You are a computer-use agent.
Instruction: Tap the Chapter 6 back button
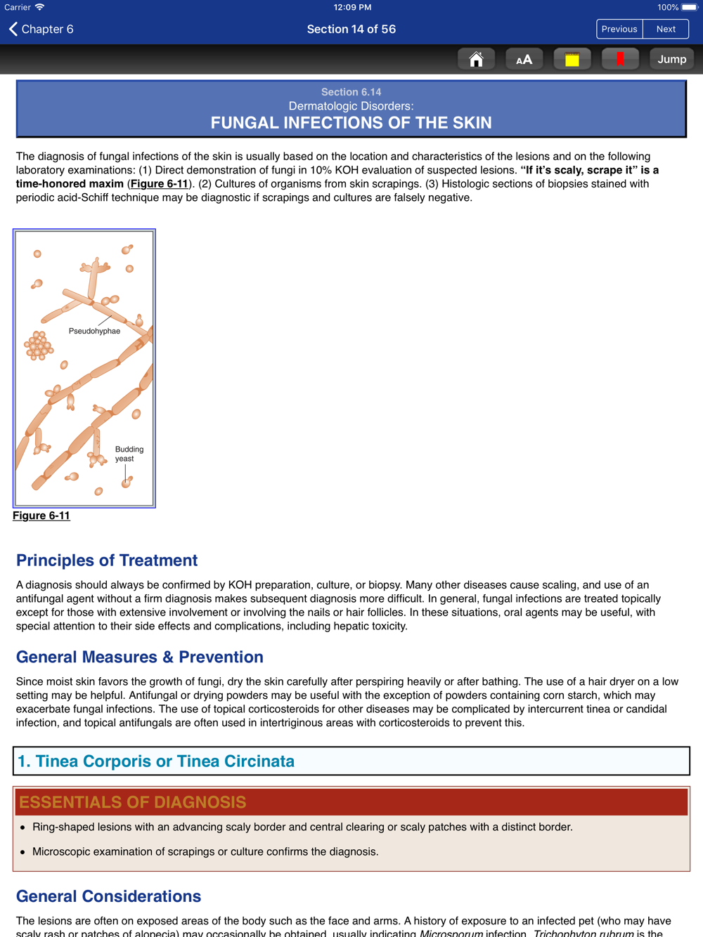coord(41,29)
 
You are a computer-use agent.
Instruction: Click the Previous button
coord(619,29)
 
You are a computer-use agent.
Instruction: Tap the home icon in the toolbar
coord(476,60)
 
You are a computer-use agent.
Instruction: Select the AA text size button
coord(524,60)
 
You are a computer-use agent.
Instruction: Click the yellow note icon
coord(572,60)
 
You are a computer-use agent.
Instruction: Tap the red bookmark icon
coord(620,60)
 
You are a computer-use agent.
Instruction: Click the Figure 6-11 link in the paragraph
coord(159,184)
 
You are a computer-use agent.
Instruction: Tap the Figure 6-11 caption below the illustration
coord(41,516)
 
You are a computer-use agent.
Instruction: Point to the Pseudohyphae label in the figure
coord(94,331)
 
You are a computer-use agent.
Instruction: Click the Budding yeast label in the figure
coord(129,454)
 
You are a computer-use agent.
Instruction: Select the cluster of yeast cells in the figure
coord(39,346)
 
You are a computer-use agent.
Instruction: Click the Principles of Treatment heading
coord(107,561)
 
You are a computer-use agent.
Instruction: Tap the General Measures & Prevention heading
coord(140,657)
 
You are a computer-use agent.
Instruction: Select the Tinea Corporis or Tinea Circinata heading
coord(156,761)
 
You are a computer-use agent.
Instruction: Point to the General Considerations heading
coord(109,897)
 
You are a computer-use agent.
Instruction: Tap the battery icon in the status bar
coord(688,8)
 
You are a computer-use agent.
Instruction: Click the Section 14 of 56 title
coord(351,29)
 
